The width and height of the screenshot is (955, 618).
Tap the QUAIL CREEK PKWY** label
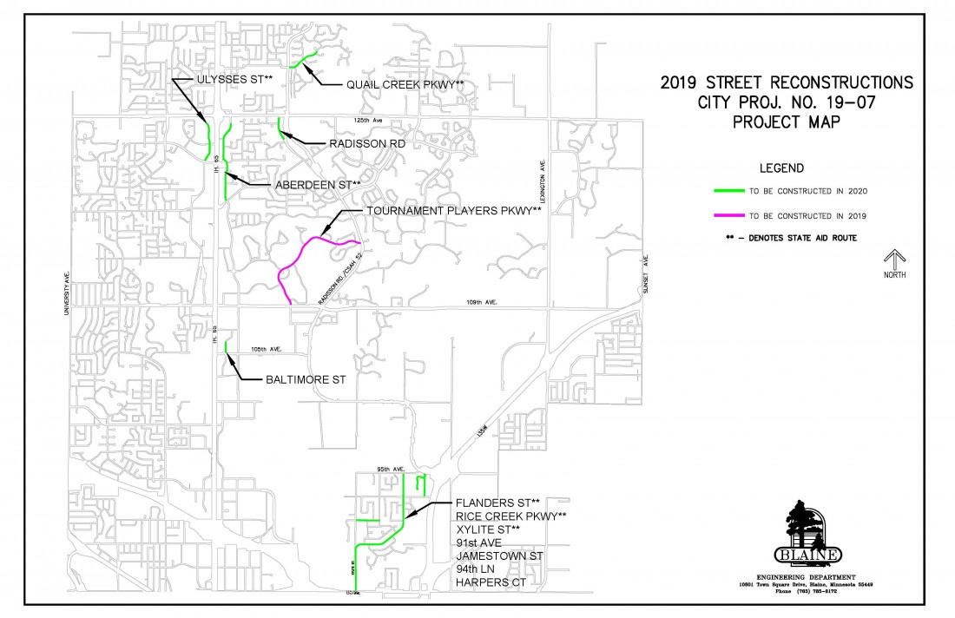[405, 84]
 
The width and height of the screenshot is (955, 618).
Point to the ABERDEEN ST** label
[317, 185]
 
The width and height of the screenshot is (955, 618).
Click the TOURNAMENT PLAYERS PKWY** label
[453, 211]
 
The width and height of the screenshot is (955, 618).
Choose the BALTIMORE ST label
[301, 380]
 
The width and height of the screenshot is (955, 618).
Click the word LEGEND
[781, 168]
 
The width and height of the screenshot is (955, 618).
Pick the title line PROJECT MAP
[786, 122]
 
